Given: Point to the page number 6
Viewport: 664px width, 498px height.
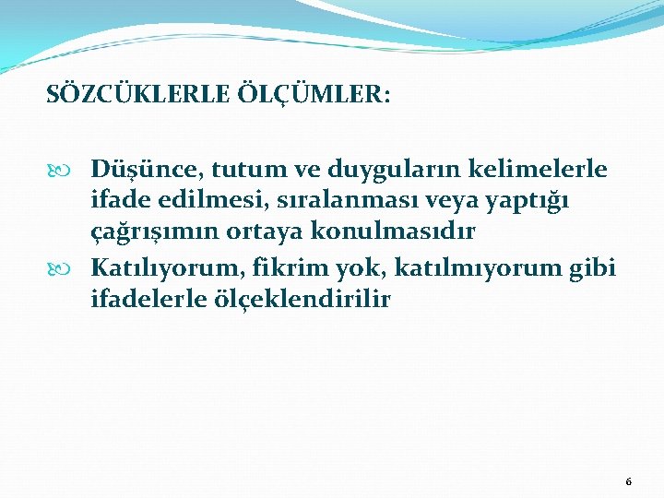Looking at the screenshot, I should tap(628, 482).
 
